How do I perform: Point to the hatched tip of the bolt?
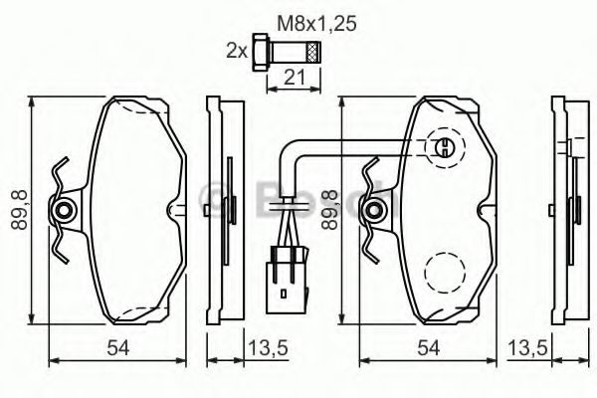[313, 50]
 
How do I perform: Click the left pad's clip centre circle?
[65, 209]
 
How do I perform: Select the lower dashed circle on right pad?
[445, 269]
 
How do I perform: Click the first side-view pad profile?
[221, 211]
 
